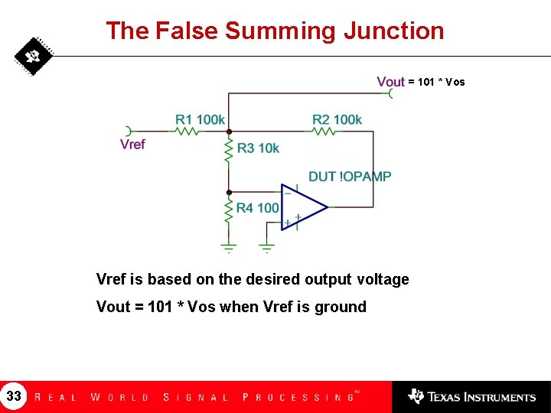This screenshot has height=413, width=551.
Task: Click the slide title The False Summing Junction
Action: point(275,31)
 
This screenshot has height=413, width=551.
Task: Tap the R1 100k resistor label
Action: point(200,119)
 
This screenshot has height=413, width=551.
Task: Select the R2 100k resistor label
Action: point(337,119)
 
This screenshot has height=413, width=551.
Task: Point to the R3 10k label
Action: point(258,148)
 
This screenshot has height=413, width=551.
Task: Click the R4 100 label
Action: point(257,207)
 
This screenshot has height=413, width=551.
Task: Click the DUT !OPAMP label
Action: point(350,177)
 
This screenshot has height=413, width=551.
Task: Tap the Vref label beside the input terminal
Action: point(132,144)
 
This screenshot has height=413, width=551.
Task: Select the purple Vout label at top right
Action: point(390,82)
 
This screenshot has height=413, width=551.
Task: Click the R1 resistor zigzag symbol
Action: point(187,132)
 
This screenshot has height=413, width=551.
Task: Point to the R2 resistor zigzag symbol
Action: point(324,132)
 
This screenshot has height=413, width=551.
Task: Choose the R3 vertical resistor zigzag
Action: point(228,148)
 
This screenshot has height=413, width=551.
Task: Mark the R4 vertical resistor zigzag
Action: point(228,209)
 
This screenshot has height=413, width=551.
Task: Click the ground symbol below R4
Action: point(228,246)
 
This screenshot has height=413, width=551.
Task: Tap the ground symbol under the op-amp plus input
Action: point(266,246)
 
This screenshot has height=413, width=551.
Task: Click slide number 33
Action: point(14,396)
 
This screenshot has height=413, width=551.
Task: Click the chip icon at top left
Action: point(34,57)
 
